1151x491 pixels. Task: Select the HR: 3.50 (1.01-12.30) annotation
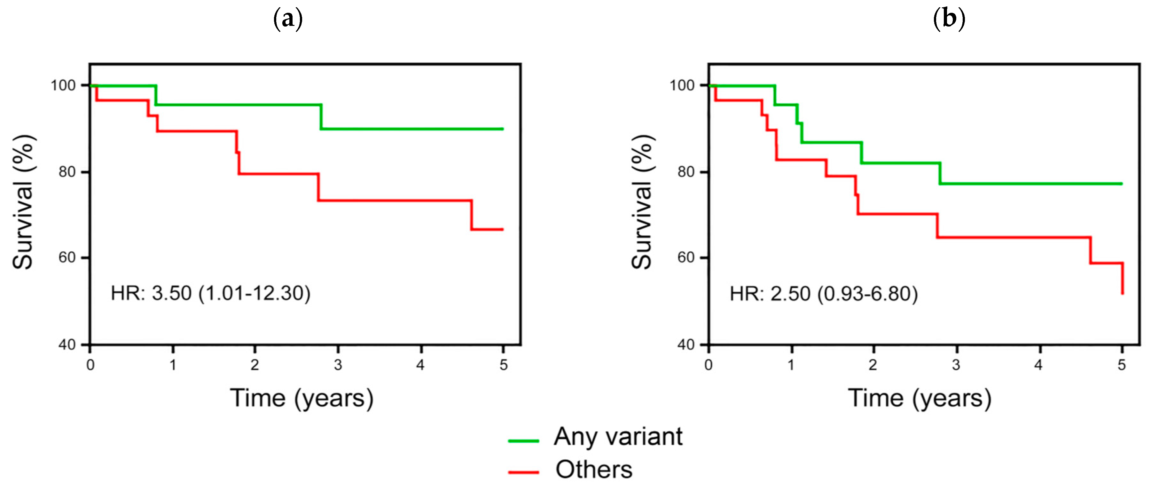(210, 293)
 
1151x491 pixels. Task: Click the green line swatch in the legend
(523, 440)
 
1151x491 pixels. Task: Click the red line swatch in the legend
(523, 472)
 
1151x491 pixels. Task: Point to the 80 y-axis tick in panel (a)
(67, 172)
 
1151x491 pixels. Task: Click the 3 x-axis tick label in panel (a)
(338, 365)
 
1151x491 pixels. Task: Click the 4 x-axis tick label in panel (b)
(1038, 365)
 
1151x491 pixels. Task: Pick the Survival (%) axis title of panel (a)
(23, 202)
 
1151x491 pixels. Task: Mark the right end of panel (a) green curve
(503, 129)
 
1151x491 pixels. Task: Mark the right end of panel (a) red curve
(503, 229)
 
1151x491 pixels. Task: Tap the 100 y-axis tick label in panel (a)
(63, 85)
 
